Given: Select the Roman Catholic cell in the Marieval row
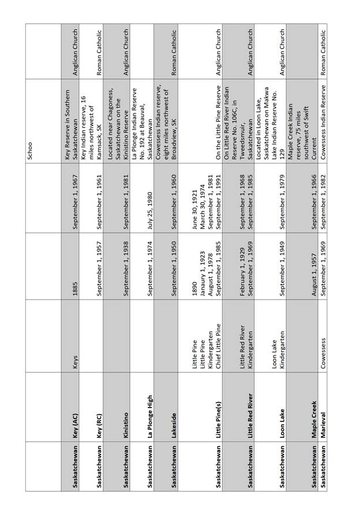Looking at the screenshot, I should click(323, 53).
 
